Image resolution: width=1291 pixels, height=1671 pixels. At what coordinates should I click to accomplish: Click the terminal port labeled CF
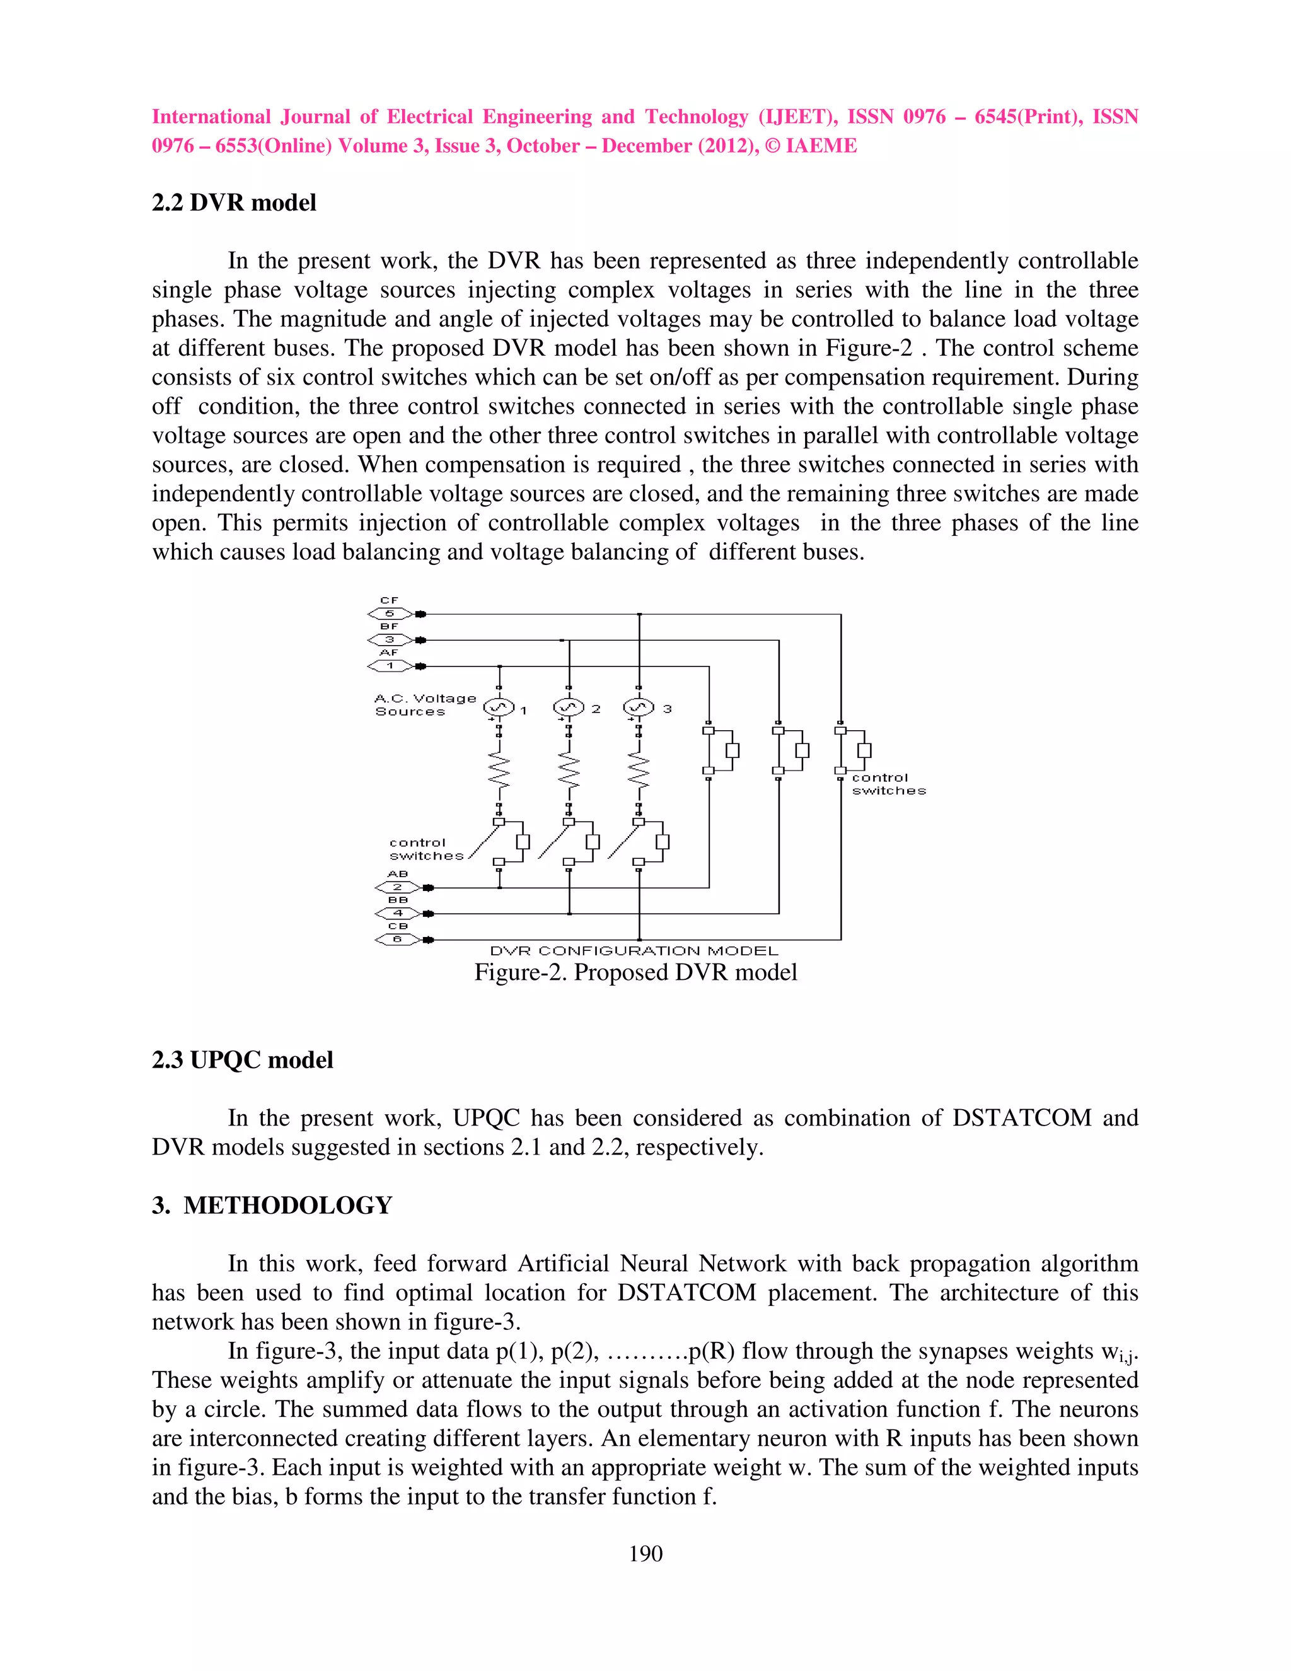[x=390, y=614]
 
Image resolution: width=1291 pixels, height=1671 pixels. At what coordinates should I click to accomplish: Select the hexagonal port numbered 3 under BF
[x=390, y=639]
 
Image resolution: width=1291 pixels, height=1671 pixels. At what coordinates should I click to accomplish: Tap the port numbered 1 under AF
[x=390, y=666]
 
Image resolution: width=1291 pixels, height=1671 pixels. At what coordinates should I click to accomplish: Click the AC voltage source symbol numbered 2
[x=568, y=707]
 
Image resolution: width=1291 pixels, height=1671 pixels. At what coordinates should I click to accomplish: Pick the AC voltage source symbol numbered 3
[x=639, y=707]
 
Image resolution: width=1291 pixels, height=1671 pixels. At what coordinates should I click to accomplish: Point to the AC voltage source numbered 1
[x=499, y=707]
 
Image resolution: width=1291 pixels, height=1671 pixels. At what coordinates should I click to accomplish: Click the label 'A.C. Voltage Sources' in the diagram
[x=424, y=705]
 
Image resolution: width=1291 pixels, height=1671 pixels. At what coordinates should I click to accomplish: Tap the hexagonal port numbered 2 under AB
[x=398, y=888]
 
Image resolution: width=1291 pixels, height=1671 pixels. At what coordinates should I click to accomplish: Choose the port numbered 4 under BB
[x=398, y=914]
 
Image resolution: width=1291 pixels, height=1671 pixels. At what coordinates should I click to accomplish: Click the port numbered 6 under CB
[x=398, y=940]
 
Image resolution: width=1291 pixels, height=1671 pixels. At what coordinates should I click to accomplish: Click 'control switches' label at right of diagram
[x=888, y=784]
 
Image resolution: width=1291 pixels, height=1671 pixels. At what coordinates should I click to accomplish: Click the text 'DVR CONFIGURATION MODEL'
[x=634, y=951]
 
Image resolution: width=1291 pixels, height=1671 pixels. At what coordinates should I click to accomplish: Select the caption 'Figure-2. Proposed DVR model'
[x=635, y=972]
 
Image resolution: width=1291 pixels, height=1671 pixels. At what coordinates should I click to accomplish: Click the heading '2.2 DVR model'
[x=233, y=203]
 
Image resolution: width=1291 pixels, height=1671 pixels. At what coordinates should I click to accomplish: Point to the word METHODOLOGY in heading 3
[x=287, y=1205]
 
